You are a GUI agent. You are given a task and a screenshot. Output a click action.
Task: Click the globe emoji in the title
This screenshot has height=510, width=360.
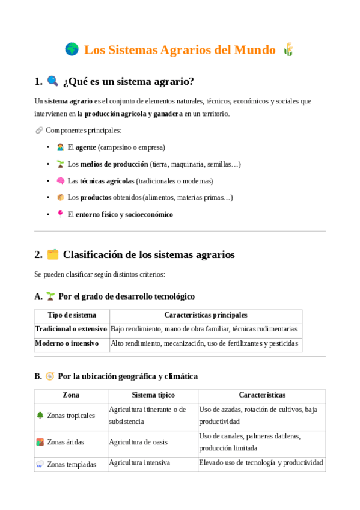pyautogui.click(x=72, y=49)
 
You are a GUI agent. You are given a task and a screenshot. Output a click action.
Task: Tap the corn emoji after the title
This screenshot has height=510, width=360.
pyautogui.click(x=288, y=49)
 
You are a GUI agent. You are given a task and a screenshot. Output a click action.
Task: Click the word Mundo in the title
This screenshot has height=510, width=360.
pyautogui.click(x=255, y=50)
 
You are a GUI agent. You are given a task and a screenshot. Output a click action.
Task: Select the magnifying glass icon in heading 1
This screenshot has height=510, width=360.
pyautogui.click(x=53, y=81)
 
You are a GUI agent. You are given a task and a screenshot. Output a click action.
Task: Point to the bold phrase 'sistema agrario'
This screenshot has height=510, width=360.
pyautogui.click(x=69, y=101)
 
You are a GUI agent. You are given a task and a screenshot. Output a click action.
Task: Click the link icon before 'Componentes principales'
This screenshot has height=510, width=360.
pyautogui.click(x=39, y=130)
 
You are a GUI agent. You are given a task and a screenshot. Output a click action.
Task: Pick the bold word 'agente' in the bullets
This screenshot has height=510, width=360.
pyautogui.click(x=86, y=147)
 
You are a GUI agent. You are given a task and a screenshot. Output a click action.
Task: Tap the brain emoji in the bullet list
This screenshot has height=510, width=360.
pyautogui.click(x=60, y=180)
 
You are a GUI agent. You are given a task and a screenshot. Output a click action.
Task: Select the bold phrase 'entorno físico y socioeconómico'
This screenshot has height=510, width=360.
pyautogui.click(x=124, y=214)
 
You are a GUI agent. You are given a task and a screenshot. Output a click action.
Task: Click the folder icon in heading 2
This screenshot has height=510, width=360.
pyautogui.click(x=53, y=254)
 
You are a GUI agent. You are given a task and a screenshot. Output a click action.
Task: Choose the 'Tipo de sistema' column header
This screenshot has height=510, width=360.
pyautogui.click(x=72, y=315)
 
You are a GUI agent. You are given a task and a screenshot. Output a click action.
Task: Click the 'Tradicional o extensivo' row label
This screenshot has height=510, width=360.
pyautogui.click(x=71, y=329)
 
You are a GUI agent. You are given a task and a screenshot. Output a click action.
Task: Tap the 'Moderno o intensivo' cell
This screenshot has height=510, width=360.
pyautogui.click(x=66, y=343)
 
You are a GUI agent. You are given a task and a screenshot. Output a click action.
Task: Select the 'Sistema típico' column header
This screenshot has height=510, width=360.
pyautogui.click(x=153, y=395)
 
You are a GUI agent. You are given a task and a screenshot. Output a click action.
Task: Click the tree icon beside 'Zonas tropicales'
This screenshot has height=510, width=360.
pyautogui.click(x=40, y=415)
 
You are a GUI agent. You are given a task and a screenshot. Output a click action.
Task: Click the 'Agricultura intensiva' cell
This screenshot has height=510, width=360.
pyautogui.click(x=139, y=463)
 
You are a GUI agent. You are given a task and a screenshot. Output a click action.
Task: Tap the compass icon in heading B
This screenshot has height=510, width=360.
pyautogui.click(x=50, y=376)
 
